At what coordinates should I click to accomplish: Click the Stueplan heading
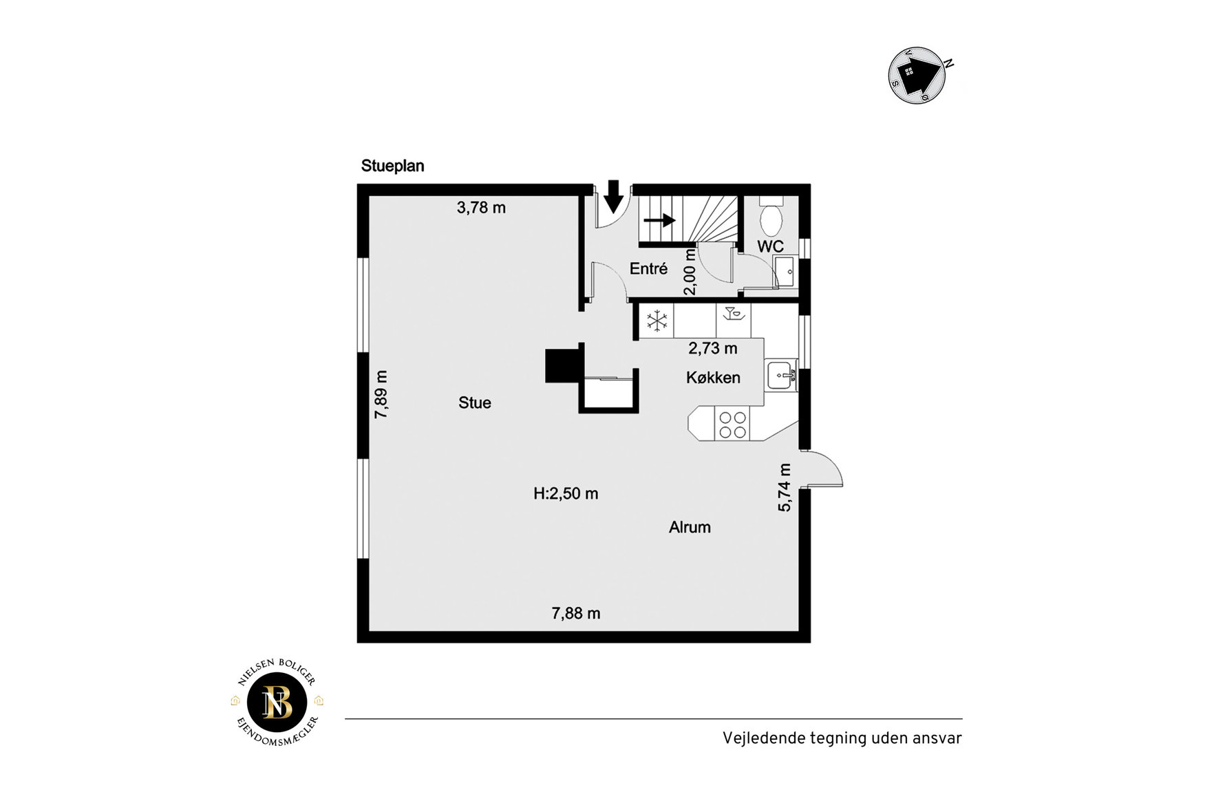click(392, 167)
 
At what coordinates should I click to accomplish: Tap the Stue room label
click(475, 403)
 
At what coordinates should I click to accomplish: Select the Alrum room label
click(690, 528)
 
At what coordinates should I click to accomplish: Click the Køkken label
click(713, 378)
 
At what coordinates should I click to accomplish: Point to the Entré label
click(648, 269)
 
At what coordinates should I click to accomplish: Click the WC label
click(770, 246)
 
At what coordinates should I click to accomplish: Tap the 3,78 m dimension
click(481, 208)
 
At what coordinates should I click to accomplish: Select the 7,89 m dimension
click(381, 394)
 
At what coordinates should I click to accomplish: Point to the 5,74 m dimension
click(785, 488)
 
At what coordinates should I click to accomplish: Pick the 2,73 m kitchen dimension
click(713, 349)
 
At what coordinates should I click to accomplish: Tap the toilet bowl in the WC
click(771, 222)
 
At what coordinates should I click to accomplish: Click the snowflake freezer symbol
click(657, 321)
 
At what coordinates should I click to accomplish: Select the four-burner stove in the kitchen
click(732, 425)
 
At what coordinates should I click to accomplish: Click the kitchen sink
click(781, 376)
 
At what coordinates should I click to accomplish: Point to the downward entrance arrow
click(613, 197)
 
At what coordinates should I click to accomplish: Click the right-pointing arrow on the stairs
click(659, 221)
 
